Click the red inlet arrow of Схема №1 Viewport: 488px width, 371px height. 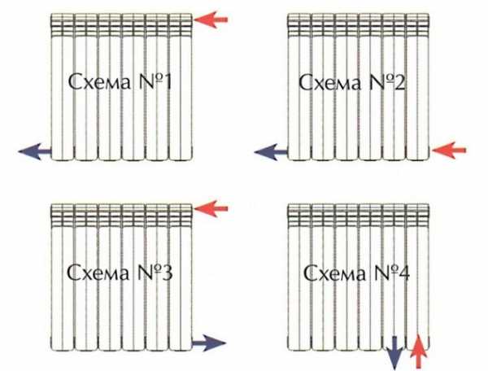tap(211, 20)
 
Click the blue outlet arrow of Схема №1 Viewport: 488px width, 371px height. tap(35, 152)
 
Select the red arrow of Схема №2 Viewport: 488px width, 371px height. tap(449, 151)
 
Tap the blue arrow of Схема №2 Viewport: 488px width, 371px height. tap(271, 152)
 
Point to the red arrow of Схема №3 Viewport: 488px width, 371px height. tap(211, 208)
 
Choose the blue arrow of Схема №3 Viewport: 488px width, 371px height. tap(209, 343)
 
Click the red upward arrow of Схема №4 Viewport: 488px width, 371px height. tap(419, 352)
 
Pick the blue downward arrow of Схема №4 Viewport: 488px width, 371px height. tap(394, 353)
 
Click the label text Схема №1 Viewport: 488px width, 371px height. tap(120, 82)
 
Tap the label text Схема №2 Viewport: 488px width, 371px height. tap(352, 82)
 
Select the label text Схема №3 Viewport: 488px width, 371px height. tap(120, 273)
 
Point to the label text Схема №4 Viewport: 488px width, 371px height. tap(357, 273)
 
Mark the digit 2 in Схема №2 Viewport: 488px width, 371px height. tap(399, 83)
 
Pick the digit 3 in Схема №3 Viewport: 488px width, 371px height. tap(167, 273)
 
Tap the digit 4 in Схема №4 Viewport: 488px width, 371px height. tap(403, 273)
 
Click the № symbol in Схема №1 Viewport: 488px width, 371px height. tap(150, 82)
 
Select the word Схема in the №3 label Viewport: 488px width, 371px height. tap(98, 273)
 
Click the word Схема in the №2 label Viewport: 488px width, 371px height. tap(330, 83)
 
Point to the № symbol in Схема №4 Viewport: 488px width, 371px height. tap(385, 273)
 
